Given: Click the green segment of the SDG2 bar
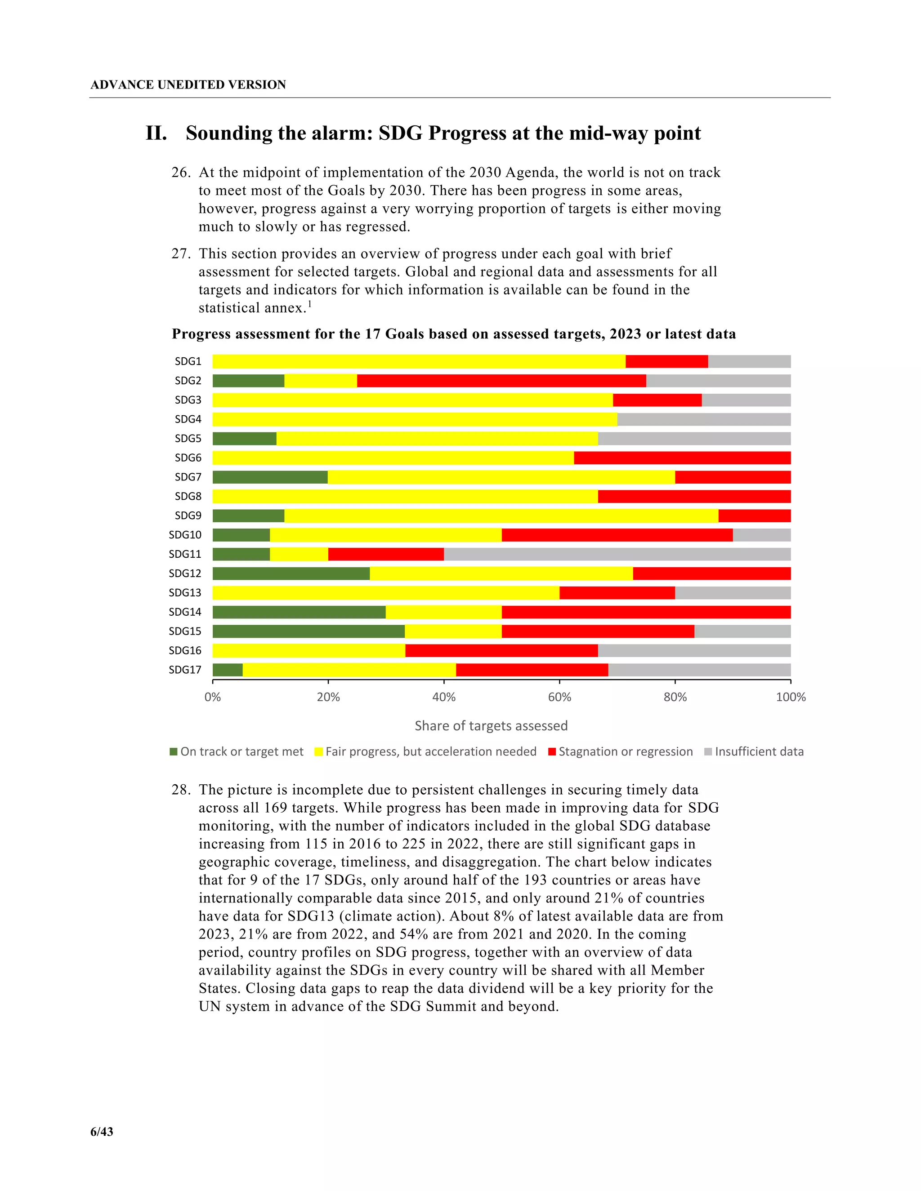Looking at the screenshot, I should point(248,381).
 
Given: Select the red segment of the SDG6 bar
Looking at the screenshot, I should point(682,458).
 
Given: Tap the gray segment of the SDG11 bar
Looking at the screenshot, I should point(617,554).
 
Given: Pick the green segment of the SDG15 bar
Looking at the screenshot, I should point(308,631).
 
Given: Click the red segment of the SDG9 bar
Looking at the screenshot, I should point(754,516).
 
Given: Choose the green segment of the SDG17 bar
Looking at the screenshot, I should point(228,670).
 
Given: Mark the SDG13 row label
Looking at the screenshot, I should point(185,593).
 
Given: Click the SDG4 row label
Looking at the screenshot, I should point(188,419).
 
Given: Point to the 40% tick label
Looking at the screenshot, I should point(443,697).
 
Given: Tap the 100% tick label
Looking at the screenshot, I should point(791,697).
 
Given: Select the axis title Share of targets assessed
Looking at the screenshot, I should point(491,726).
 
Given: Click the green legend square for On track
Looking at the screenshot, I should point(174,751).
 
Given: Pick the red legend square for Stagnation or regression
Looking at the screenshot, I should point(552,751).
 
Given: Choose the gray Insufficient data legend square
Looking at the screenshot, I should point(708,751).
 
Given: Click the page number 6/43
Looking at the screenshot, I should point(102,1132).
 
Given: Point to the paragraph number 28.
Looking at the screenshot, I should point(181,790).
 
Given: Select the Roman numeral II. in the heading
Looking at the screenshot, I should point(156,133).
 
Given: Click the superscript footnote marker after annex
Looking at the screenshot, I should point(310,304).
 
